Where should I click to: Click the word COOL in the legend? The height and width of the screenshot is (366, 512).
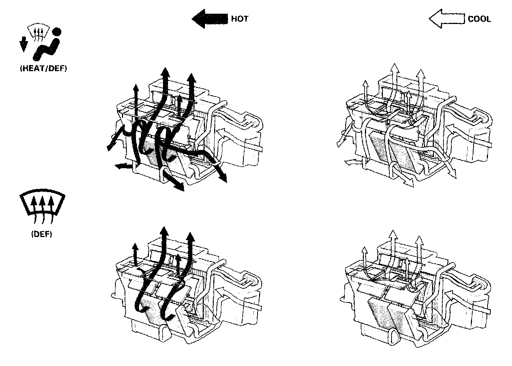(x=479, y=19)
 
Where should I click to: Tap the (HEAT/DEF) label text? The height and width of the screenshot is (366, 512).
(x=42, y=70)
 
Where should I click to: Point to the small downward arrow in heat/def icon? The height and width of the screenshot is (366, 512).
(x=23, y=45)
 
